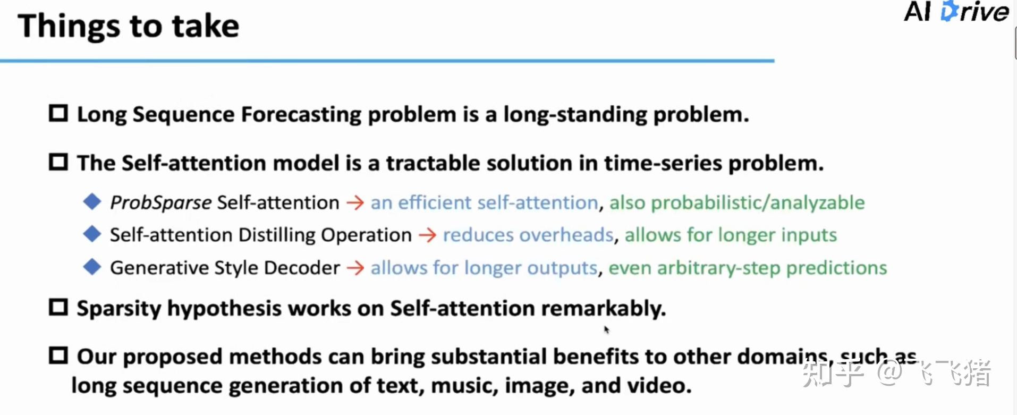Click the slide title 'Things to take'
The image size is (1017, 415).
point(129,27)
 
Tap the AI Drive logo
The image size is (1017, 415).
point(956,12)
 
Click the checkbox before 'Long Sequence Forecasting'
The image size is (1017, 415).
point(58,113)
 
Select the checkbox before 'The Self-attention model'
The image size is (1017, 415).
point(58,162)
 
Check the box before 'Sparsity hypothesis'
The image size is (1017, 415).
point(58,307)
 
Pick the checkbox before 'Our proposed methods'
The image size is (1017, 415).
point(58,355)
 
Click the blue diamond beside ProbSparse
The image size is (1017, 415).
point(92,201)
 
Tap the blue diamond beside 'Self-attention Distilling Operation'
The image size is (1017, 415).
point(92,234)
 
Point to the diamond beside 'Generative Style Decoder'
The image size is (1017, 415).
point(92,267)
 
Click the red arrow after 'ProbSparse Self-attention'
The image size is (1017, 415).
point(355,202)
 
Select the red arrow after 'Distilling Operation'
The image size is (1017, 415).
point(428,235)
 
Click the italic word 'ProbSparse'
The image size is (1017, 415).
point(160,203)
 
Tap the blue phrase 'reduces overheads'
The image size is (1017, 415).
point(529,235)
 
